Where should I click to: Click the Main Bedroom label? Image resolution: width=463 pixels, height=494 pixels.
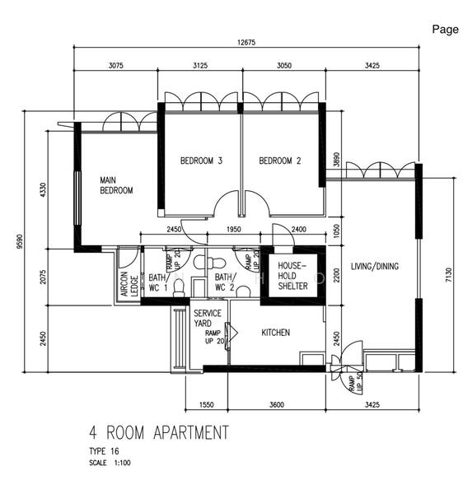pos(116,185)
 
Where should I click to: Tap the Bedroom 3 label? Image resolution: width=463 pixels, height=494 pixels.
pos(201,161)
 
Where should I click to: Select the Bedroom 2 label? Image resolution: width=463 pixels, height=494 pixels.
pos(280,161)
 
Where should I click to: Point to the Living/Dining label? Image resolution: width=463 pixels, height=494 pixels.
pos(375,266)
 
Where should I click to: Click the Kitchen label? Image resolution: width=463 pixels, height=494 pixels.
pos(275,333)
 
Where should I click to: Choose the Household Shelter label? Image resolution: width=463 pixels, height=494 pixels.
pos(292,276)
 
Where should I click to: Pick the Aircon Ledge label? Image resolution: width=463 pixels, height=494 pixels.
pos(129,284)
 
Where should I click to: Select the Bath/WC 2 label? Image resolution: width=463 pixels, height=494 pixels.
pos(226,282)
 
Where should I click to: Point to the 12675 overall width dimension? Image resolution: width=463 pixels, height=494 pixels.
pos(246,42)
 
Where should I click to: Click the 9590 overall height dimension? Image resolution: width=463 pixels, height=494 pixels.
pos(20,241)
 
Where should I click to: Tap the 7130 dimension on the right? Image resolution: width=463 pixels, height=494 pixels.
pos(448,274)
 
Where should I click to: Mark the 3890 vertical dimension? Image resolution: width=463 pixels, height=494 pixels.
pos(337,160)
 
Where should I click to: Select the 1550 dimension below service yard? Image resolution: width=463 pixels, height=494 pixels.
pos(207,404)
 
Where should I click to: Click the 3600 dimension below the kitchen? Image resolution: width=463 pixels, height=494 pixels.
pos(277,404)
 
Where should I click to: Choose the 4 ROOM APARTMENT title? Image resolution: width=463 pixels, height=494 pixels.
pos(159,432)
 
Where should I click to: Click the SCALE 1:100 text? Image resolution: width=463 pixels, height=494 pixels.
pos(110,463)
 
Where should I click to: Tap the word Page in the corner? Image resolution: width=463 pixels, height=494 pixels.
pos(445,30)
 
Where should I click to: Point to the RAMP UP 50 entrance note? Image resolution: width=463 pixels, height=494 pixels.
pos(356,382)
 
